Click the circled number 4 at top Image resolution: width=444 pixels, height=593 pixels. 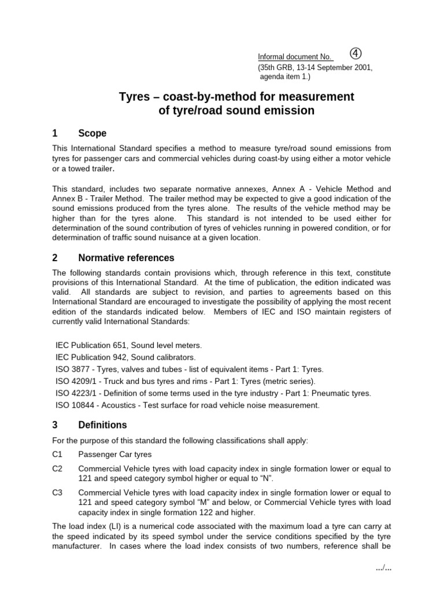(x=356, y=54)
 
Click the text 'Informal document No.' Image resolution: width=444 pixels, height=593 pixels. (x=295, y=57)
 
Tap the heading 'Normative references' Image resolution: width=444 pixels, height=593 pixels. (x=126, y=258)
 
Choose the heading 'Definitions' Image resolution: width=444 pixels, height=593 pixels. (x=102, y=424)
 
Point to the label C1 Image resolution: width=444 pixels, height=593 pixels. (x=57, y=455)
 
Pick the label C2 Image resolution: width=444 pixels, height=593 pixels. (x=57, y=468)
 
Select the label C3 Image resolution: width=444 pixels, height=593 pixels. (x=57, y=492)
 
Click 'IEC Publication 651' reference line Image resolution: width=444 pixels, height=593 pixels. (x=128, y=345)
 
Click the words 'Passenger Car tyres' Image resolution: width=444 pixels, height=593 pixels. (x=115, y=455)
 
